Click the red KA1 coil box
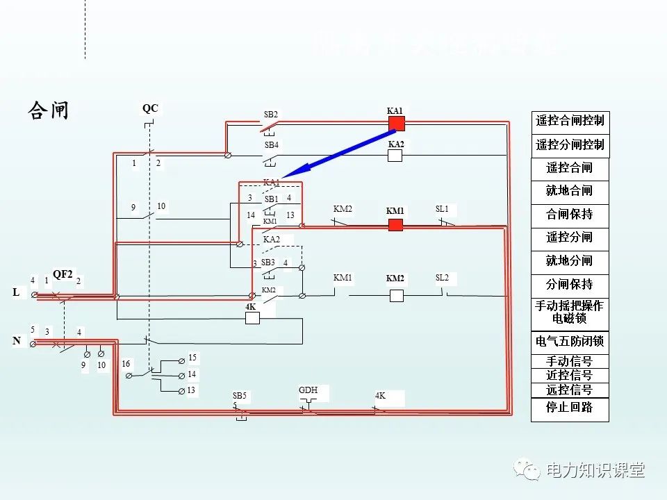[396, 124]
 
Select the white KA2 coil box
[395, 156]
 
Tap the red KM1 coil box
[395, 224]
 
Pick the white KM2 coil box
[396, 295]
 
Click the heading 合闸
[49, 110]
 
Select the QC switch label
[150, 108]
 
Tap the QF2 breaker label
[63, 274]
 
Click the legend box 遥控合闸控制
[570, 121]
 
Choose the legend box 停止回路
[570, 408]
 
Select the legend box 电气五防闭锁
[570, 342]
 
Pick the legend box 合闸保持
[570, 214]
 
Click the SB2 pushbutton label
[271, 114]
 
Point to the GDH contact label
[308, 390]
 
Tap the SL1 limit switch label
[442, 209]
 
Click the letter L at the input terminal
[16, 293]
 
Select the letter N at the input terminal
[16, 341]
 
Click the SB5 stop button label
[239, 396]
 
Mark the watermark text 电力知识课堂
[595, 470]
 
